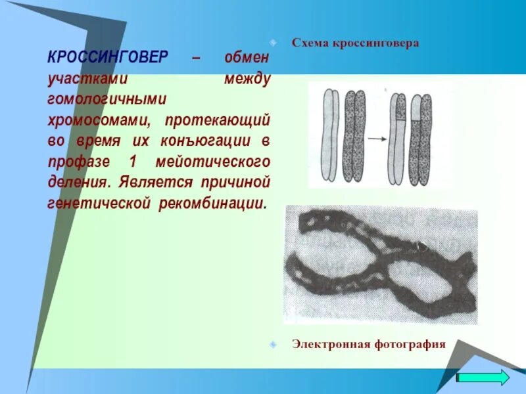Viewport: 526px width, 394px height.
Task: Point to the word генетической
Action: point(99,202)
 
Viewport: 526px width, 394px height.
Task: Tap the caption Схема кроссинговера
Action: point(356,43)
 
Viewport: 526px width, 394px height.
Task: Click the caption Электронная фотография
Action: point(369,343)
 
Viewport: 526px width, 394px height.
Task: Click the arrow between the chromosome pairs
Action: point(375,139)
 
